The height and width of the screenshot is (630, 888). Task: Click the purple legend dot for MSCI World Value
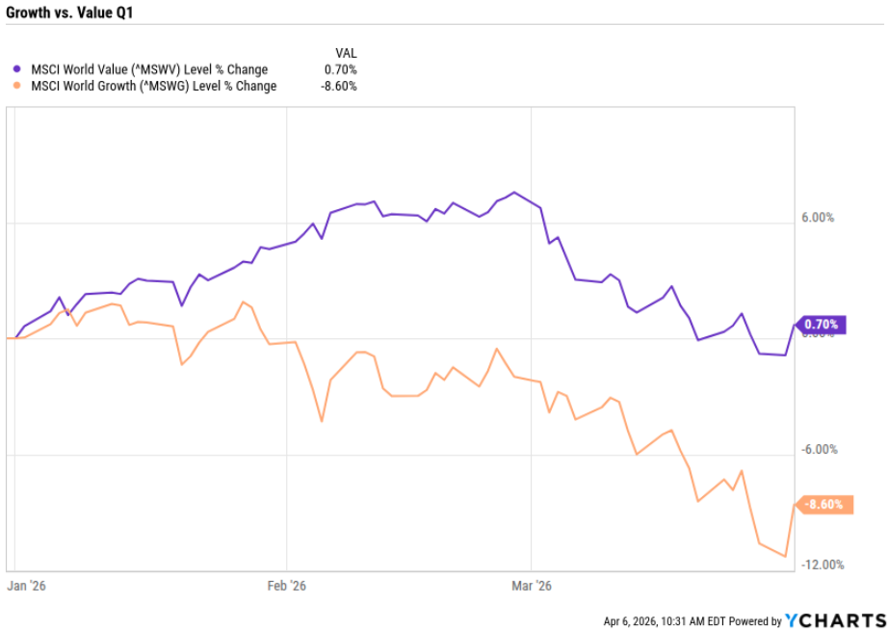coord(16,69)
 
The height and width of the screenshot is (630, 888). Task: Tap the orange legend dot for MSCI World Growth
coord(16,86)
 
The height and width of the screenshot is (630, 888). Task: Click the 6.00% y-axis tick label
coord(817,218)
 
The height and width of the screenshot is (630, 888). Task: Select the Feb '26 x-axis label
coord(286,585)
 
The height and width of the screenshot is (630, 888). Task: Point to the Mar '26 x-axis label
coord(532,585)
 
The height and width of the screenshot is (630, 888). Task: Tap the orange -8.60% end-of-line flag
coord(823,505)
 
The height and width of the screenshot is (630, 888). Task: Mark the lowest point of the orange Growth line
coord(786,556)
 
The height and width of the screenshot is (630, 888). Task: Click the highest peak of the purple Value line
coord(514,193)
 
